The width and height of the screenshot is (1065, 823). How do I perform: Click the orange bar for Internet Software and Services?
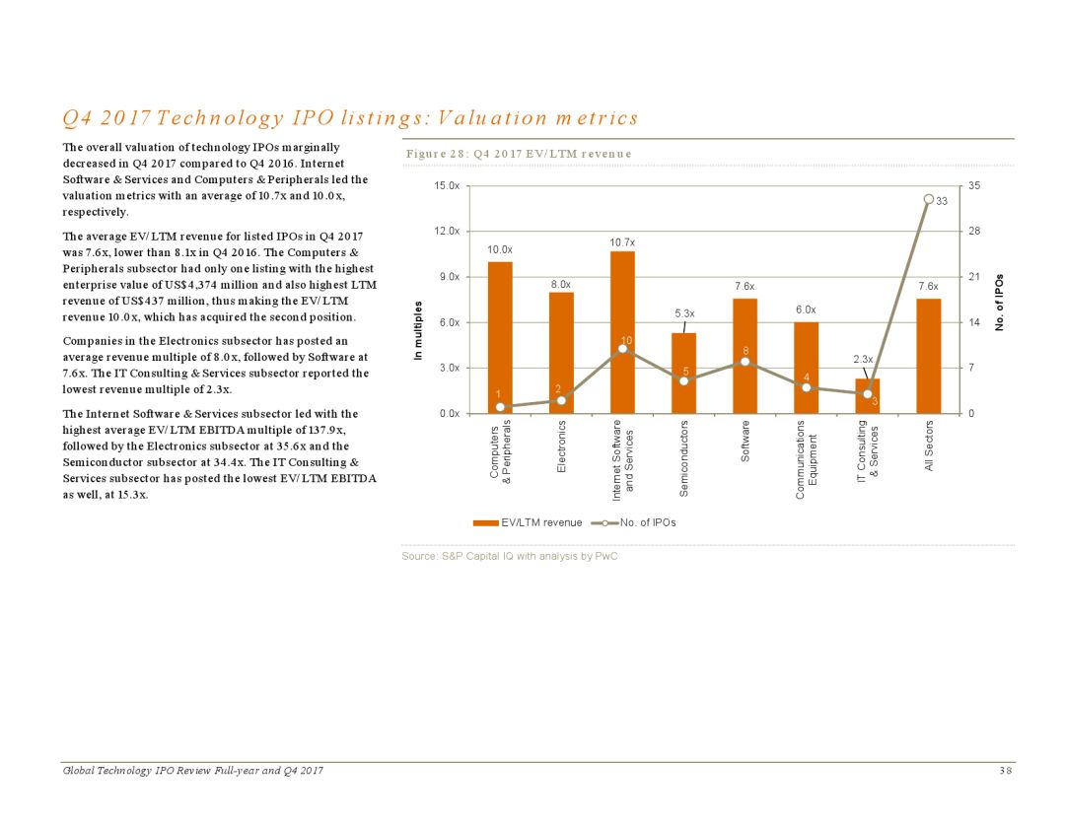[622, 296]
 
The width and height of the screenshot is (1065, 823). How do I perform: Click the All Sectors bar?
[928, 355]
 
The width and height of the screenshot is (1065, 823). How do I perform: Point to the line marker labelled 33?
[928, 199]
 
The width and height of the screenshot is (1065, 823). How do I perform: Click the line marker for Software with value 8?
[745, 362]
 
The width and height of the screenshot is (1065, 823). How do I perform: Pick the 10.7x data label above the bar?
[622, 241]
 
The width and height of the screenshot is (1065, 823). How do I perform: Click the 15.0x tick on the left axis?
[449, 185]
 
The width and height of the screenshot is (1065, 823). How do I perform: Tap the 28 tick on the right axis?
[976, 231]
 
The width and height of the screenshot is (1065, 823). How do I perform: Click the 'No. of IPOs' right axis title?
[999, 302]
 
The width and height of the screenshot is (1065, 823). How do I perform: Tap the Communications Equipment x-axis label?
[806, 459]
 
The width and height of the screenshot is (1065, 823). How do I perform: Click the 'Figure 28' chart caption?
[519, 154]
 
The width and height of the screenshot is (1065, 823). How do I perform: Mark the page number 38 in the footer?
[1005, 770]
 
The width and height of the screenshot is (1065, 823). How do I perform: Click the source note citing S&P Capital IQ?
[510, 556]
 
